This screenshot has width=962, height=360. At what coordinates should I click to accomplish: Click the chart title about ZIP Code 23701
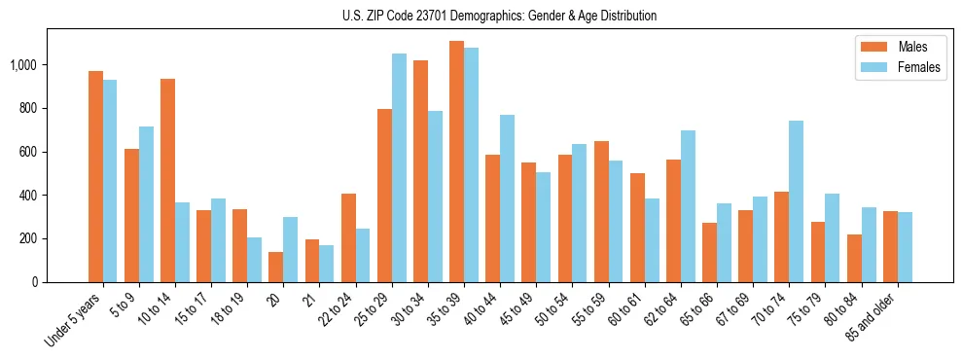(x=499, y=16)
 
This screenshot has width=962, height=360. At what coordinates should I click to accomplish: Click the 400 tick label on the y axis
(x=28, y=196)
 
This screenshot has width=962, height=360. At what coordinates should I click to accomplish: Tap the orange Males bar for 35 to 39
(x=456, y=162)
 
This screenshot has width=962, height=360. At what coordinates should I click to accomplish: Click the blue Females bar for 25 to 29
(x=399, y=167)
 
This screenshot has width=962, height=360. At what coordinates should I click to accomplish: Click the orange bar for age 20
(x=276, y=267)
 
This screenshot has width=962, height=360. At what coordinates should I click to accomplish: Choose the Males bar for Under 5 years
(x=95, y=176)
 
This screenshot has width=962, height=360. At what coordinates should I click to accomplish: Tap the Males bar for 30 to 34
(x=420, y=171)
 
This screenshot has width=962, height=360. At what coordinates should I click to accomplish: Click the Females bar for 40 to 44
(x=507, y=198)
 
